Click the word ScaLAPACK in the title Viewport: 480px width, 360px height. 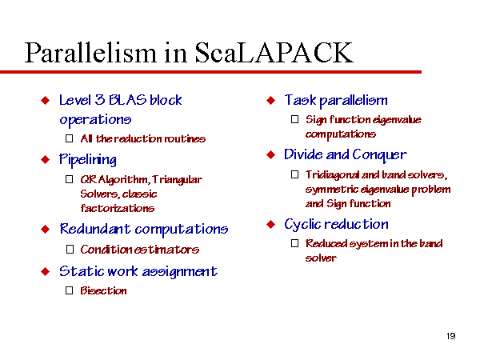click(274, 53)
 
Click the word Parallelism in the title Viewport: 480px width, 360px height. click(90, 53)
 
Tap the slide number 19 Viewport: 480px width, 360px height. click(451, 336)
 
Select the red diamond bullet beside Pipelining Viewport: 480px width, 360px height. click(46, 159)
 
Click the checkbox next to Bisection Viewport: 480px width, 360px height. click(70, 290)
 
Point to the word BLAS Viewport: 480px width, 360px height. click(128, 100)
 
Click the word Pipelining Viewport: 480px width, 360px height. click(88, 160)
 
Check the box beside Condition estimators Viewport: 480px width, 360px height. click(70, 249)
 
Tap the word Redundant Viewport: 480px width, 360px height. click(95, 229)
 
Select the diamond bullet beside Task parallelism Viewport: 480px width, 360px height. click(271, 100)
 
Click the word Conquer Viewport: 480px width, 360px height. click(379, 155)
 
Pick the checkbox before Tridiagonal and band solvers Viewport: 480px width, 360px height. click(294, 174)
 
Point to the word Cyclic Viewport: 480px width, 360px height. click(302, 225)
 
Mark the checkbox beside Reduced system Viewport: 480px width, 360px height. click(294, 243)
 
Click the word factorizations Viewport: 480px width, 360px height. click(118, 208)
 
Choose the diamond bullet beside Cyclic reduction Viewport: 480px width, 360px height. click(271, 224)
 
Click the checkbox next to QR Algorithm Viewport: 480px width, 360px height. click(70, 179)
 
